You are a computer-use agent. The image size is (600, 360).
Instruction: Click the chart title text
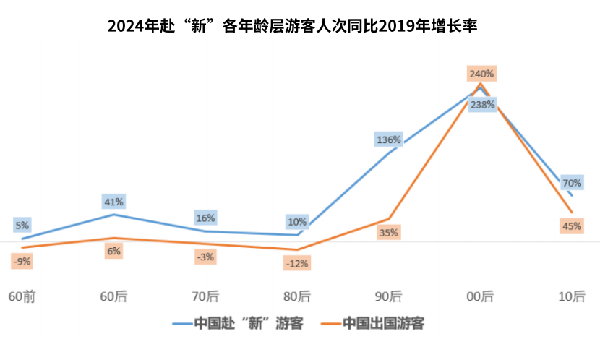(x=292, y=26)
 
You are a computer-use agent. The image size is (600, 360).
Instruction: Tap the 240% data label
(x=481, y=74)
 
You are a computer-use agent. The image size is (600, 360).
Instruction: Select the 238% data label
(x=482, y=104)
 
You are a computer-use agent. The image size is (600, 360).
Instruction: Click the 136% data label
(x=388, y=140)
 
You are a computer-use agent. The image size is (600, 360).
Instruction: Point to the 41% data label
(x=114, y=201)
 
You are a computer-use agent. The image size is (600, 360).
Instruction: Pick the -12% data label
(x=296, y=263)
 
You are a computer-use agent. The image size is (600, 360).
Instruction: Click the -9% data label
(x=22, y=261)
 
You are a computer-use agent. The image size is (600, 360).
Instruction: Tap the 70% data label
(x=572, y=183)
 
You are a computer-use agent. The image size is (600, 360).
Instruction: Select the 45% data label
(x=572, y=226)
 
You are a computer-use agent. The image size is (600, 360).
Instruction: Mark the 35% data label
(x=388, y=233)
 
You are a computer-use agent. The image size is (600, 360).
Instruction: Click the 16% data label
(x=205, y=218)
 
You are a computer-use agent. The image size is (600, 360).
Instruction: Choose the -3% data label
(x=205, y=257)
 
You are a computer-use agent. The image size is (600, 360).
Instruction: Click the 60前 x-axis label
(x=22, y=296)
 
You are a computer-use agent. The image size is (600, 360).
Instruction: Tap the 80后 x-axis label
(x=296, y=296)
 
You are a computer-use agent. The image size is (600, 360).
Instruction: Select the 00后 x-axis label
(x=480, y=296)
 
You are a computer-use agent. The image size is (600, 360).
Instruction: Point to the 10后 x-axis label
(x=572, y=296)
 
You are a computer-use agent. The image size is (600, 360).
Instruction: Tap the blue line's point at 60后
(x=113, y=214)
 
